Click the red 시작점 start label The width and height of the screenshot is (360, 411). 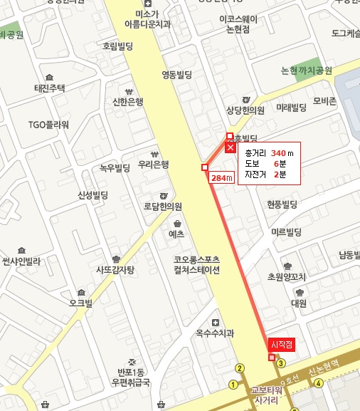coord(282,343)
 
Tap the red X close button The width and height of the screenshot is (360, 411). coord(230,147)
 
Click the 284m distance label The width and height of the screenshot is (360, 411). coord(223,177)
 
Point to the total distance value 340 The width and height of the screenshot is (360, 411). coord(278,153)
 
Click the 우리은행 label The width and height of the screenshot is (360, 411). coord(154,165)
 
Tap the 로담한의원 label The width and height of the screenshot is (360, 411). coord(163,207)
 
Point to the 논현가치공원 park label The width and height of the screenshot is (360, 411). coord(307,71)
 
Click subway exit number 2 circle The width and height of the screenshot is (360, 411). coord(240,368)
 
